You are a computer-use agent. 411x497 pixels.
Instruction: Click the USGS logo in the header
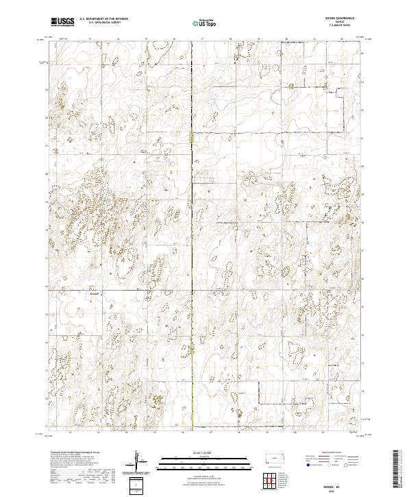coord(62,22)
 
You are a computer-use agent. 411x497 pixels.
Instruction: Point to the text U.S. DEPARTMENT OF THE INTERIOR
coord(103,20)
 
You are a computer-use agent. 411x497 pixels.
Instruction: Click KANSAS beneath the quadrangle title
coord(340,23)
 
